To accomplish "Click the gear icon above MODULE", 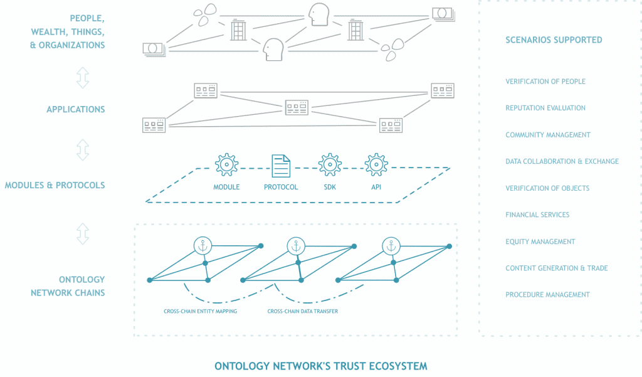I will (226, 164).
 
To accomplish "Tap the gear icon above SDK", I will (330, 164).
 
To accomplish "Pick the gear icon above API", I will (376, 164).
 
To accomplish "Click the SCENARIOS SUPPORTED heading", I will (554, 40).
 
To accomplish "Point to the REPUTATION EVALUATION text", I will (545, 108).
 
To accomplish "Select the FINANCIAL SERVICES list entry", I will (537, 215).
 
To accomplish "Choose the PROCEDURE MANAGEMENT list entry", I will (547, 295).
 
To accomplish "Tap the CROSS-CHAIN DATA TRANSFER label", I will (303, 311).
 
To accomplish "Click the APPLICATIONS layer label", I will (76, 109).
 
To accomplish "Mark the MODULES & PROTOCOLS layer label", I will (55, 185).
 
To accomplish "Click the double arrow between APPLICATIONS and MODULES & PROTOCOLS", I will (82, 149).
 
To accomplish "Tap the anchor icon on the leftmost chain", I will (203, 246).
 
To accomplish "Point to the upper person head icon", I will (318, 14).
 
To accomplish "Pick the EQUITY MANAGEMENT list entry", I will (540, 242).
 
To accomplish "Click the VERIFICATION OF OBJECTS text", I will (547, 188).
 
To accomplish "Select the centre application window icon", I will (297, 107).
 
